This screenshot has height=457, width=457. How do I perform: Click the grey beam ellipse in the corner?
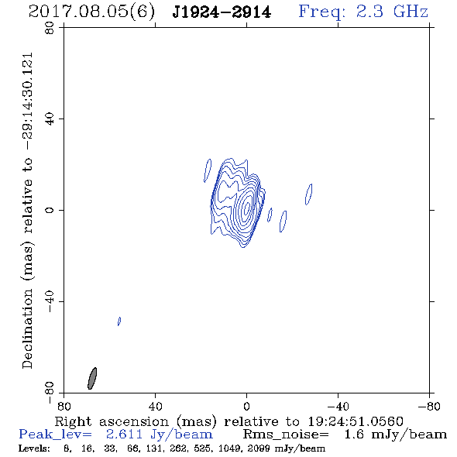92,378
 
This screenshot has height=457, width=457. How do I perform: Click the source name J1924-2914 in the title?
222,12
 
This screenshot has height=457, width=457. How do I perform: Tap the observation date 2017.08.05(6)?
91,12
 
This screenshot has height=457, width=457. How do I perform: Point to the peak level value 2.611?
124,435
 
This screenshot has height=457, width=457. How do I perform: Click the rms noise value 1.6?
354,435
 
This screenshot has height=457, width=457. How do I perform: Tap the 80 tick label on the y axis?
50,28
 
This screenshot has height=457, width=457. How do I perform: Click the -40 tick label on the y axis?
50,301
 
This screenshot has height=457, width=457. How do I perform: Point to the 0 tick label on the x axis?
246,406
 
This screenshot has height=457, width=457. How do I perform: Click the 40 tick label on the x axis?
155,406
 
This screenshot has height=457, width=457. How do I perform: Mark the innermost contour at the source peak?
247,207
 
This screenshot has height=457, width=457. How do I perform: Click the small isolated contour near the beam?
119,321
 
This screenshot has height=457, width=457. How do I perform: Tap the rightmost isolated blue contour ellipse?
308,194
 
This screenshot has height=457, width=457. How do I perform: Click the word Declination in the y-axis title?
27,328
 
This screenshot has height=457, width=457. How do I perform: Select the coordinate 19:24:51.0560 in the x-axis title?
356,421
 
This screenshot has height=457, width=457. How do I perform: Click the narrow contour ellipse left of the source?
208,170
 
